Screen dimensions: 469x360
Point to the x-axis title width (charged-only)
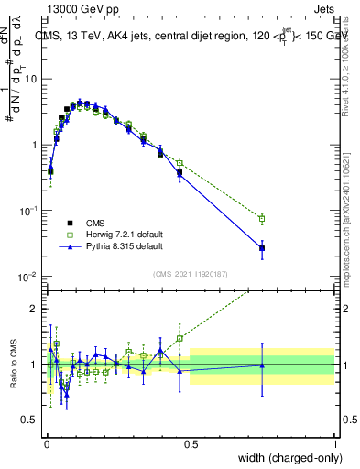(286, 457)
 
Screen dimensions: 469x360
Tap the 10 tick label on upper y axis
(30, 79)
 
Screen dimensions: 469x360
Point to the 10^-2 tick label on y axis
(28, 277)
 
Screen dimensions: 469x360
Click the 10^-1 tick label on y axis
(28, 211)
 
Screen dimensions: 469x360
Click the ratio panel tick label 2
(34, 308)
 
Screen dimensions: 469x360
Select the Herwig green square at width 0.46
(180, 162)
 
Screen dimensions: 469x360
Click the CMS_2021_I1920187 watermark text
(190, 273)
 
